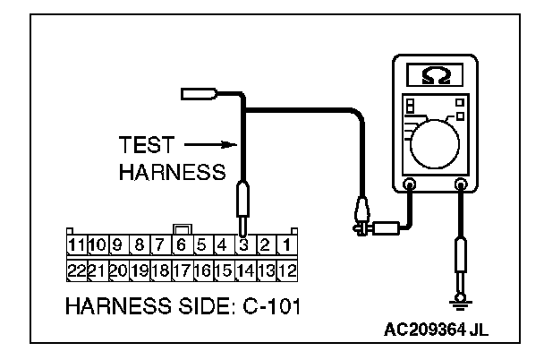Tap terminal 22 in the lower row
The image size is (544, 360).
pos(76,270)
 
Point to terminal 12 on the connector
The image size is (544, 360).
pos(287,270)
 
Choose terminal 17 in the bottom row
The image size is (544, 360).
pos(180,270)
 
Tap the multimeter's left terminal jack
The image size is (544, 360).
pos(410,186)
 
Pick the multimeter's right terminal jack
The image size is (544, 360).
pos(463,186)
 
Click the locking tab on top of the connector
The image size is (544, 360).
pos(181,228)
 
